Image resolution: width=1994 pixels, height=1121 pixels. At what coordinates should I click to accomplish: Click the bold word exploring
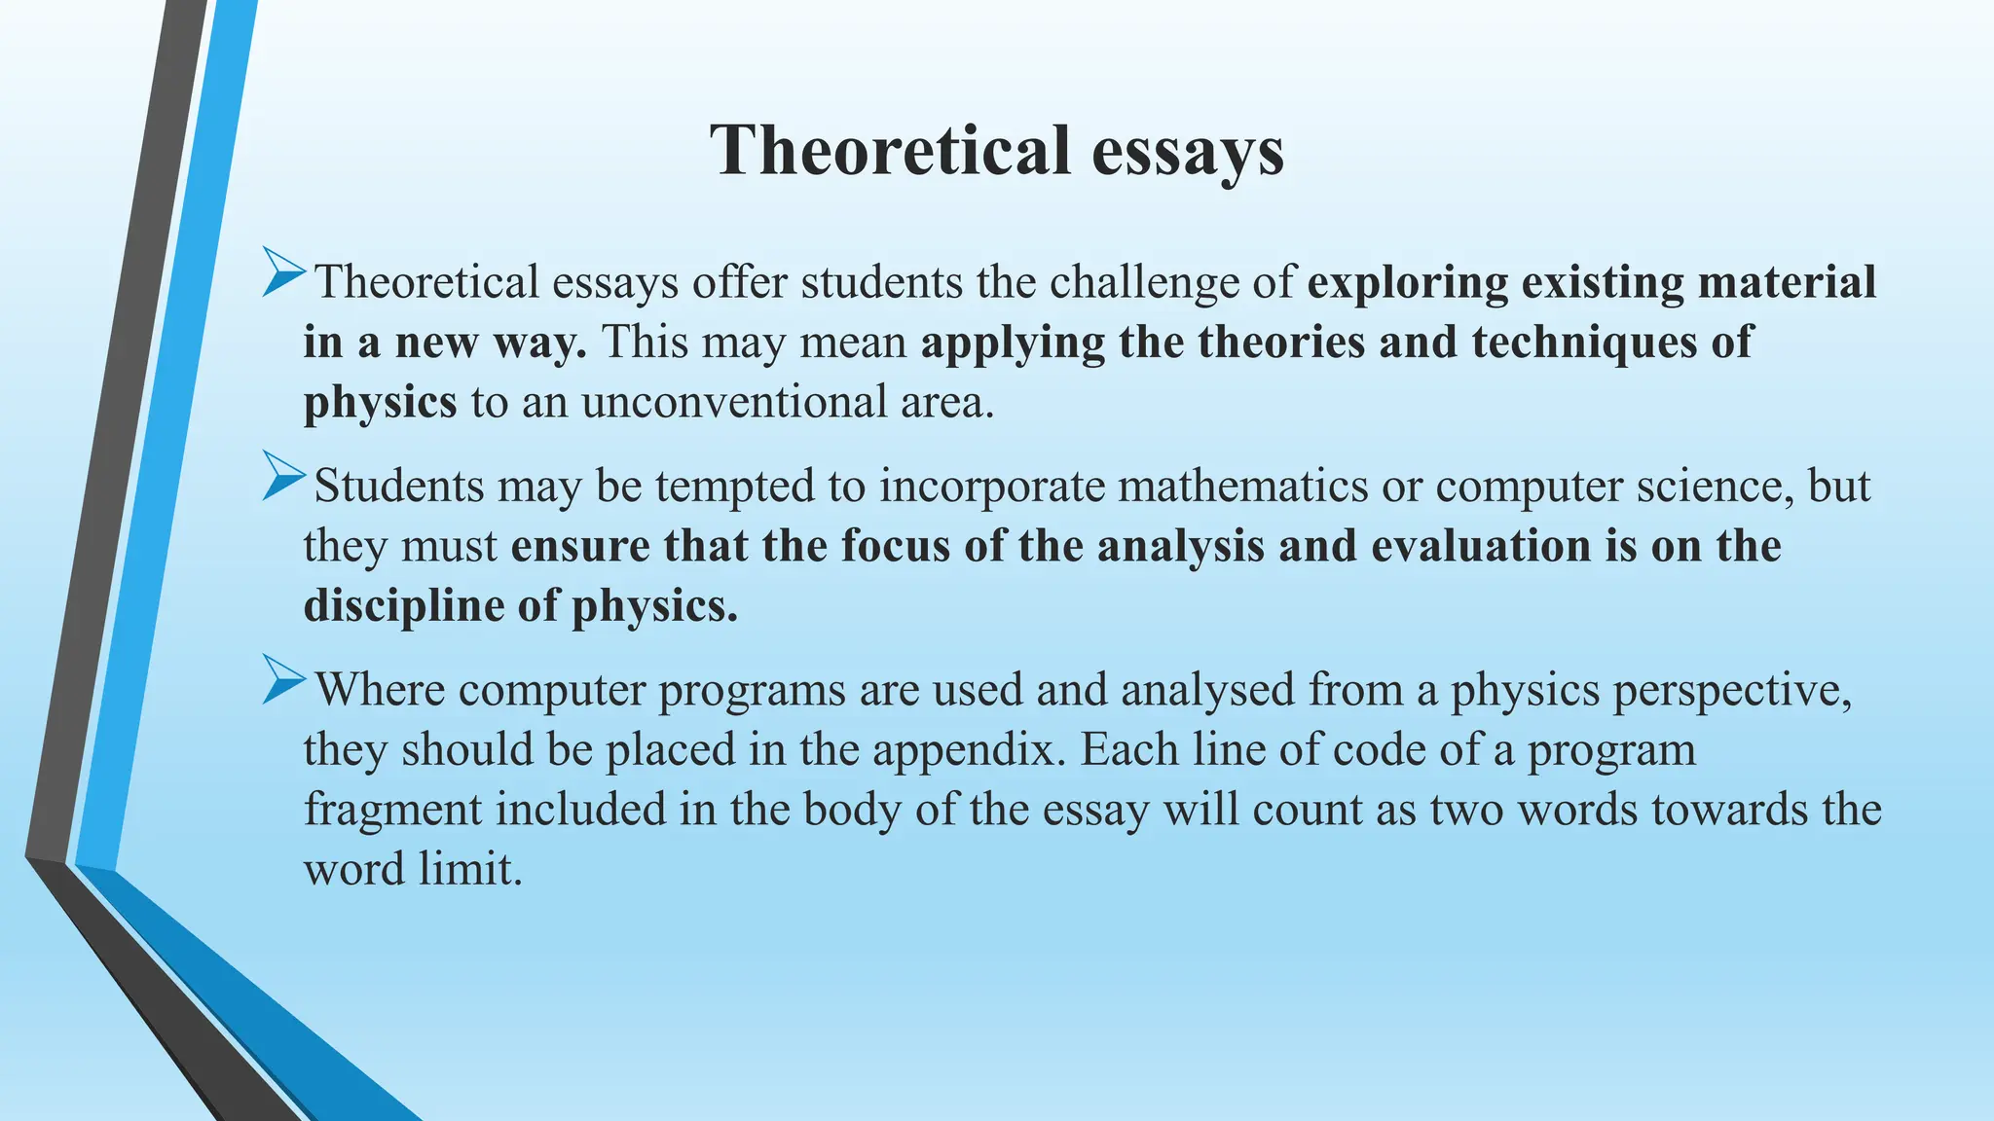coord(1407,283)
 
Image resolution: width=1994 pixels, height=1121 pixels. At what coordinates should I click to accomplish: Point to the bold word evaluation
coord(1480,546)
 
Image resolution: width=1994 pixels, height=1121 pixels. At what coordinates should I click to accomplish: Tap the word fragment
coord(392,810)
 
